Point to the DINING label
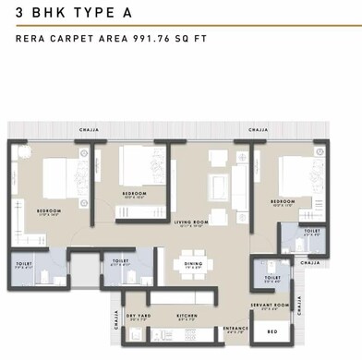pyautogui.click(x=193, y=264)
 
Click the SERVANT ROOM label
pyautogui.click(x=271, y=305)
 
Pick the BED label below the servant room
pyautogui.click(x=271, y=330)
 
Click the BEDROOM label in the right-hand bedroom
pyautogui.click(x=283, y=200)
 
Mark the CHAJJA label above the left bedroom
pyautogui.click(x=90, y=130)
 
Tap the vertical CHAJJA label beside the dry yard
pyautogui.click(x=116, y=319)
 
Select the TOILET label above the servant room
pyautogui.click(x=272, y=276)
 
